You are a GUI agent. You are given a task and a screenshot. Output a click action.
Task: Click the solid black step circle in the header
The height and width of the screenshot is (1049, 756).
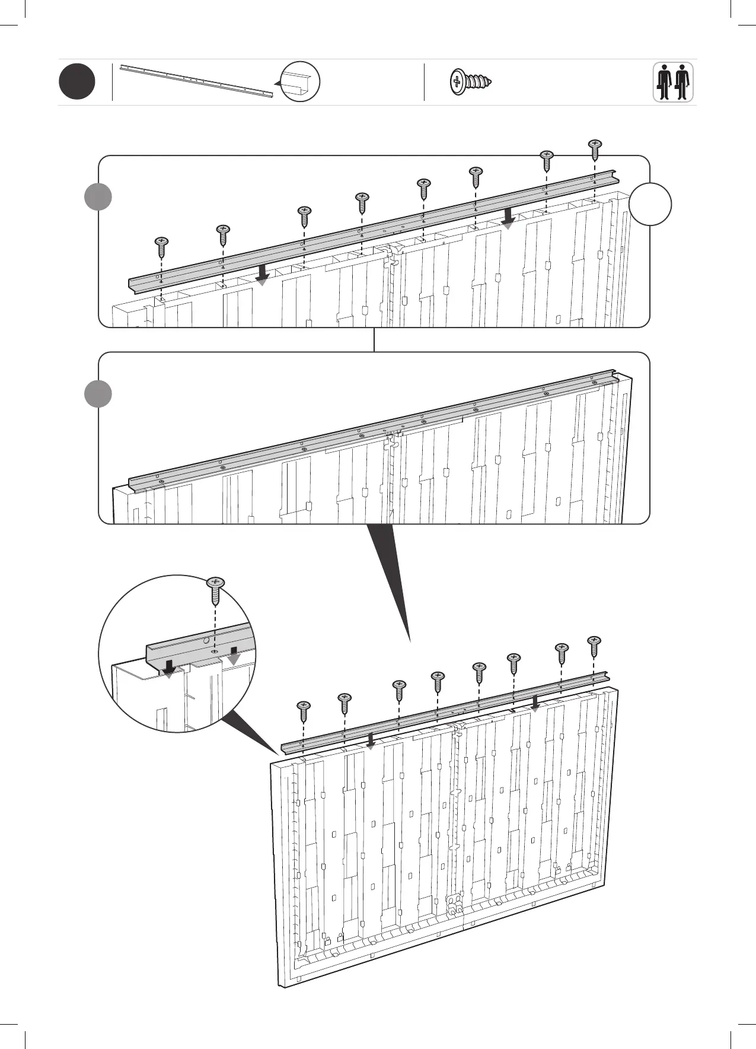77,82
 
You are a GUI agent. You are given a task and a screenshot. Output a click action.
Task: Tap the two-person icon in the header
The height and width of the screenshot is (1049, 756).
673,82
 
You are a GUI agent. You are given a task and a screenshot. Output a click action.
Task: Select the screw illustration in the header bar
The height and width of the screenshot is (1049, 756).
472,82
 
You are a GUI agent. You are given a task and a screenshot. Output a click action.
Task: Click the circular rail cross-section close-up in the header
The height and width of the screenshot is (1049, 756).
301,82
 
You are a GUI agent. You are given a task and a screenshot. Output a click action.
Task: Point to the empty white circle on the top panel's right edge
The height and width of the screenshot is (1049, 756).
650,204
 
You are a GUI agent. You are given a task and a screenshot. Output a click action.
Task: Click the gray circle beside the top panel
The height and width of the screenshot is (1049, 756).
98,197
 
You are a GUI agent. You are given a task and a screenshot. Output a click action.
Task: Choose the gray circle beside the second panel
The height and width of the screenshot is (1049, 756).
98,394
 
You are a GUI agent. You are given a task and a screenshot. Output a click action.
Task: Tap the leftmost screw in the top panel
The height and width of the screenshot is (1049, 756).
161,246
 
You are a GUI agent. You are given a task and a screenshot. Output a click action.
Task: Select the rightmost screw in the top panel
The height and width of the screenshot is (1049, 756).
595,149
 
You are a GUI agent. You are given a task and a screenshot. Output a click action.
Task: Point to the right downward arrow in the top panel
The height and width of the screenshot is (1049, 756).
508,218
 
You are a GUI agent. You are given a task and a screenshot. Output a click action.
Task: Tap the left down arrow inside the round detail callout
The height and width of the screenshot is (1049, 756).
169,667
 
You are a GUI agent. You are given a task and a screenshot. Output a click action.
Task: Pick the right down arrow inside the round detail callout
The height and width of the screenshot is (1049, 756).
234,655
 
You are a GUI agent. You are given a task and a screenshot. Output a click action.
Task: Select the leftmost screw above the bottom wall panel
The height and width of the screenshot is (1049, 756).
304,710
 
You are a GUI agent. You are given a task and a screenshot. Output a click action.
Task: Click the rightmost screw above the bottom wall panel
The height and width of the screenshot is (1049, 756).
594,646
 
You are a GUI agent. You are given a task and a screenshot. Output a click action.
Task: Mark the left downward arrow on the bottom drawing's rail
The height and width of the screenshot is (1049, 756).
371,740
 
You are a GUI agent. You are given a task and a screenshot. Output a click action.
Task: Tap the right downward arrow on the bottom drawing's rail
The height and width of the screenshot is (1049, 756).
535,703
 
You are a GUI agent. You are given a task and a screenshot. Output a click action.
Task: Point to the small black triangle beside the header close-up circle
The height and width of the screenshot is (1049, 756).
277,84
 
